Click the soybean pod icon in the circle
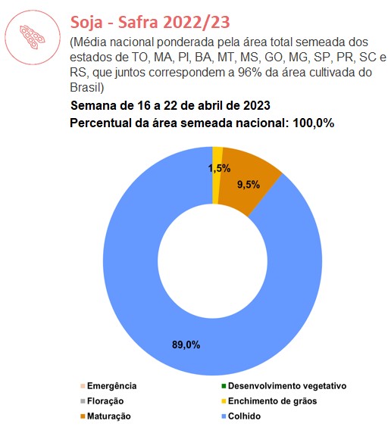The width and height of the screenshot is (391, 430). point(32,37)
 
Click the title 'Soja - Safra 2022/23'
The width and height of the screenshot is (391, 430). point(150,22)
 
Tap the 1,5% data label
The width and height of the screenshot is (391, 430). point(219,168)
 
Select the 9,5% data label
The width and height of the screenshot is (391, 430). point(249,185)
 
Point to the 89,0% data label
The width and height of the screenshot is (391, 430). point(186,344)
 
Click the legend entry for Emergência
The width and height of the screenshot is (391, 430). point(108,386)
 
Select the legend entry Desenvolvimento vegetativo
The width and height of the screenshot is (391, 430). point(284,386)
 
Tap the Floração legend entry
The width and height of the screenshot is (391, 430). point(102,401)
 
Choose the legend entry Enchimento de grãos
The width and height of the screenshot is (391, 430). point(269,401)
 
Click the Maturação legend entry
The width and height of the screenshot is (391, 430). point(105,416)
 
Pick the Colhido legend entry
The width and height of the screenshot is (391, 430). point(241,416)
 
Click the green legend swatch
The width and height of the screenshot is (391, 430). point(224,386)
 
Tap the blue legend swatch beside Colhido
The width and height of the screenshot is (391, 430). point(224,416)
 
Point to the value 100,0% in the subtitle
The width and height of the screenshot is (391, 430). point(313,123)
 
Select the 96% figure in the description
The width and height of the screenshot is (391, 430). point(250,73)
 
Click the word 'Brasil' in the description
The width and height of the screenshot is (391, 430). point(86,88)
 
